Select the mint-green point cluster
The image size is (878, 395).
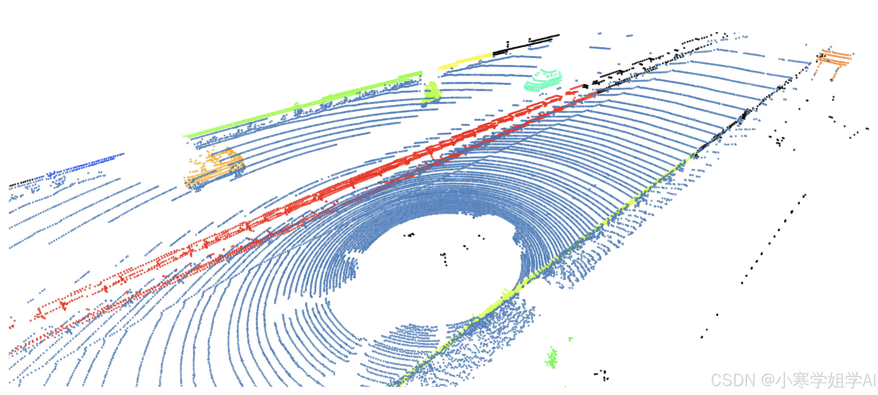(543, 80)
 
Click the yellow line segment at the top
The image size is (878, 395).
(466, 61)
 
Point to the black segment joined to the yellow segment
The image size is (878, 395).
(526, 44)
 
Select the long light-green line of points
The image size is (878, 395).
(303, 104)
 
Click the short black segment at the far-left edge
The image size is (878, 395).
(22, 183)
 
